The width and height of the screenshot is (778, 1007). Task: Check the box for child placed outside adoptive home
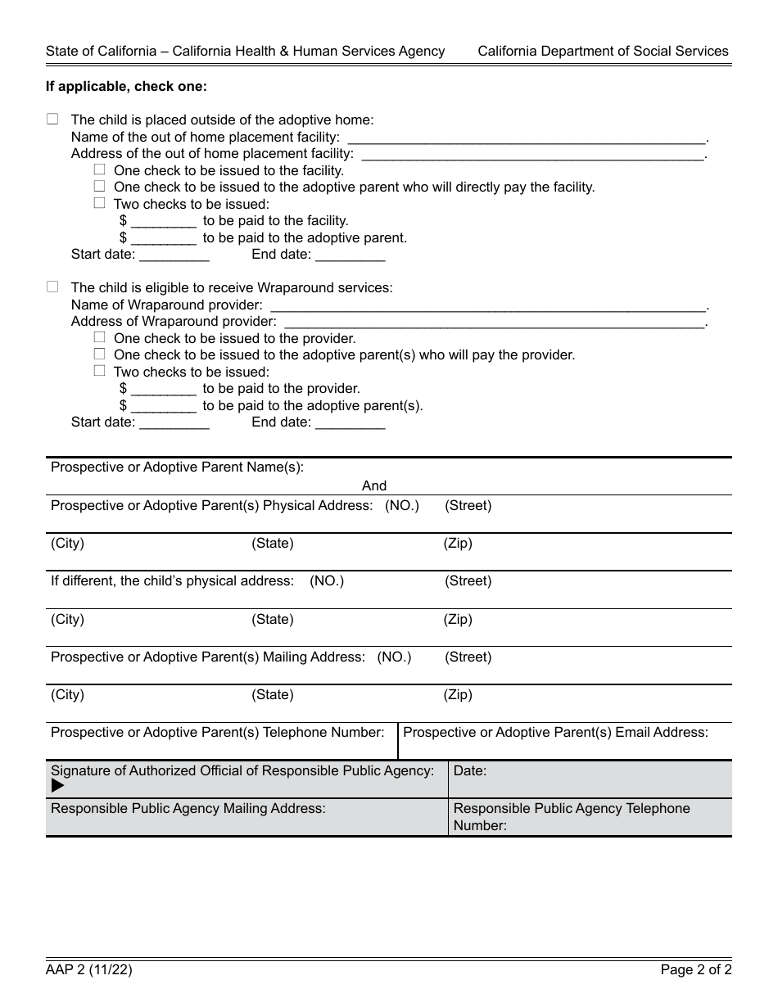[x=52, y=120]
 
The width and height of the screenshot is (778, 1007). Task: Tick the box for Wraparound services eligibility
[x=52, y=287]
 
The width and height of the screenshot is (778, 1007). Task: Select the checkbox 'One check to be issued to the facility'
[x=99, y=170]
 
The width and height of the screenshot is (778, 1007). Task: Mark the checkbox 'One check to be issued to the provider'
[x=99, y=337]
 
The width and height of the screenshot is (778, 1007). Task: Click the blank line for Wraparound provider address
[x=492, y=322]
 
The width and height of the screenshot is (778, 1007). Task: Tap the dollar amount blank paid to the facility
[x=163, y=222]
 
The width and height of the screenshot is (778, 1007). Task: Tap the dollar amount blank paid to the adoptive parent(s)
[x=163, y=407]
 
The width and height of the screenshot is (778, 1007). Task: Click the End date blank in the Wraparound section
[x=350, y=424]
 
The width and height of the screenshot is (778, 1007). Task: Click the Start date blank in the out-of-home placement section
[x=174, y=255]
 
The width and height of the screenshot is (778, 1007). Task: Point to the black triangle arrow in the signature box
[x=57, y=786]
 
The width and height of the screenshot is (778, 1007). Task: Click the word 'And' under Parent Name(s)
[x=374, y=485]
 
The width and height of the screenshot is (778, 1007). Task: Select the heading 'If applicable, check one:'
[x=126, y=86]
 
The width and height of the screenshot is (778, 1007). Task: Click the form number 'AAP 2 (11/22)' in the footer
[x=89, y=971]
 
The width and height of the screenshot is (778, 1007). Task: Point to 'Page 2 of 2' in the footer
[x=696, y=971]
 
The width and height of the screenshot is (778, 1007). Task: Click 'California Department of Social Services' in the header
[x=603, y=51]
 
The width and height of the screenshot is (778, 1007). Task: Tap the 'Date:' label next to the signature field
[x=470, y=770]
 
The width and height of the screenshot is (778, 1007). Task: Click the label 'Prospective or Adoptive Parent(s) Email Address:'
[x=555, y=732]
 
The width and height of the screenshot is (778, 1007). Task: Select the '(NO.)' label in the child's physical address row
[x=327, y=580]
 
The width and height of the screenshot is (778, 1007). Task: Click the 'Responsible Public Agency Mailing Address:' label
[x=188, y=808]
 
